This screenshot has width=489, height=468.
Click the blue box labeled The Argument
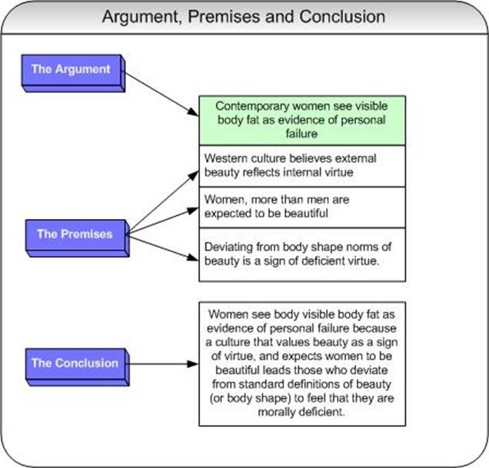71,69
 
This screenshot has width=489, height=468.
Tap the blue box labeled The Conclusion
75,363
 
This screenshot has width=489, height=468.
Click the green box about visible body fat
301,120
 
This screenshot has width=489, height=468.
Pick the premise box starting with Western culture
301,165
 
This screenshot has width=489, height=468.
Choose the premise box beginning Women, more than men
301,206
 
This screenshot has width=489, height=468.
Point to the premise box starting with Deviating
301,254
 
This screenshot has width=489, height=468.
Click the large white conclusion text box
301,363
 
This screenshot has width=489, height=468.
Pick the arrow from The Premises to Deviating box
162,244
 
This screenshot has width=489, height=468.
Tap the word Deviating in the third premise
228,247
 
